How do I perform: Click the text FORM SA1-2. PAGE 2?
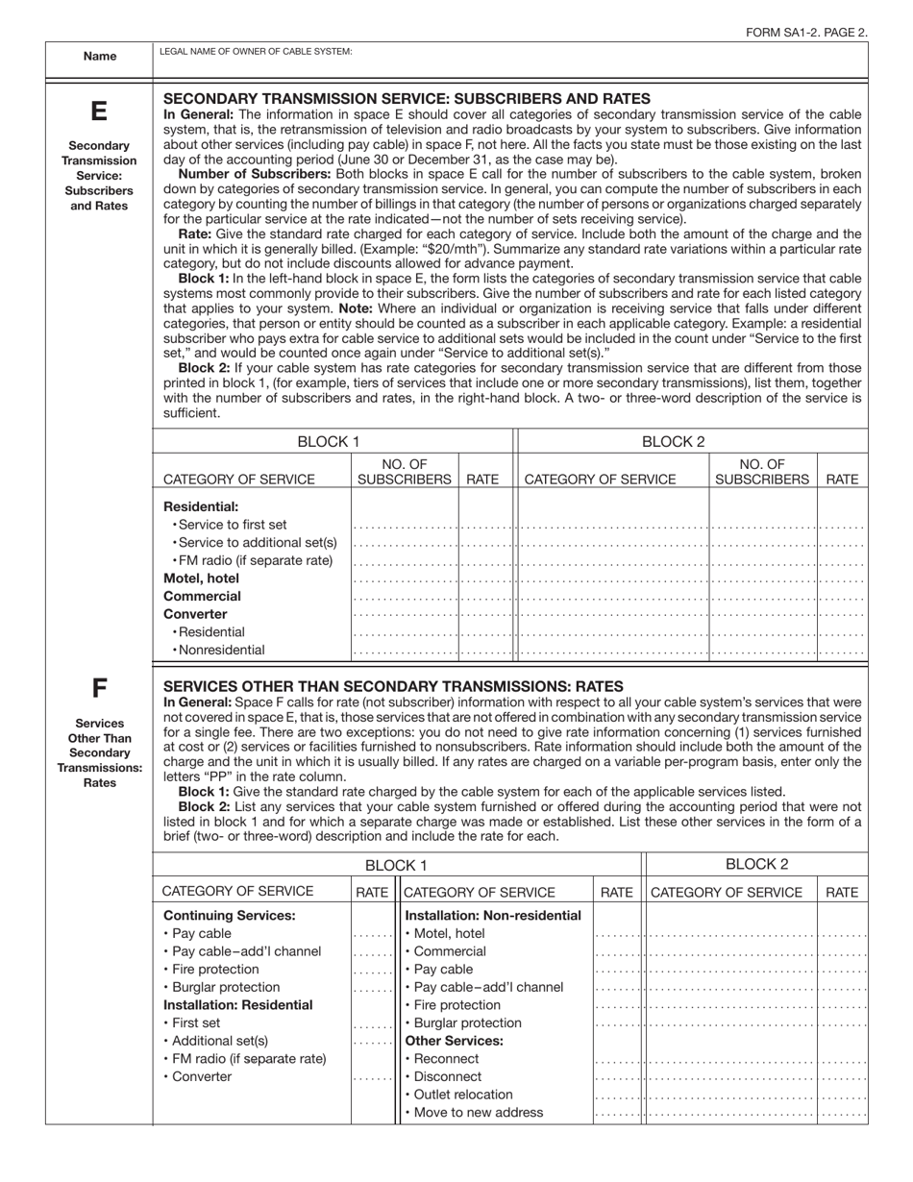click(806, 32)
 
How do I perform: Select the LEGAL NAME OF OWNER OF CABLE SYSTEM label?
click(256, 51)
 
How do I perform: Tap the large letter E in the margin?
click(99, 111)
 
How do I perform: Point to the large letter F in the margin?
click(99, 688)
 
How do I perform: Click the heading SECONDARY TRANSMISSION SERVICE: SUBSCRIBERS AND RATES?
click(407, 98)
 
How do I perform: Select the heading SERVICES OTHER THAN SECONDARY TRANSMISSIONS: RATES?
click(393, 686)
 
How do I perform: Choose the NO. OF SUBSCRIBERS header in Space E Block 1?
click(405, 471)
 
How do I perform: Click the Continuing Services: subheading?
click(230, 915)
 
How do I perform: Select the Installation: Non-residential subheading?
click(493, 915)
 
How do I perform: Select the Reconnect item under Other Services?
click(445, 1059)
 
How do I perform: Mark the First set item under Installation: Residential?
click(195, 1022)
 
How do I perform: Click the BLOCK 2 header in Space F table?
click(756, 864)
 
